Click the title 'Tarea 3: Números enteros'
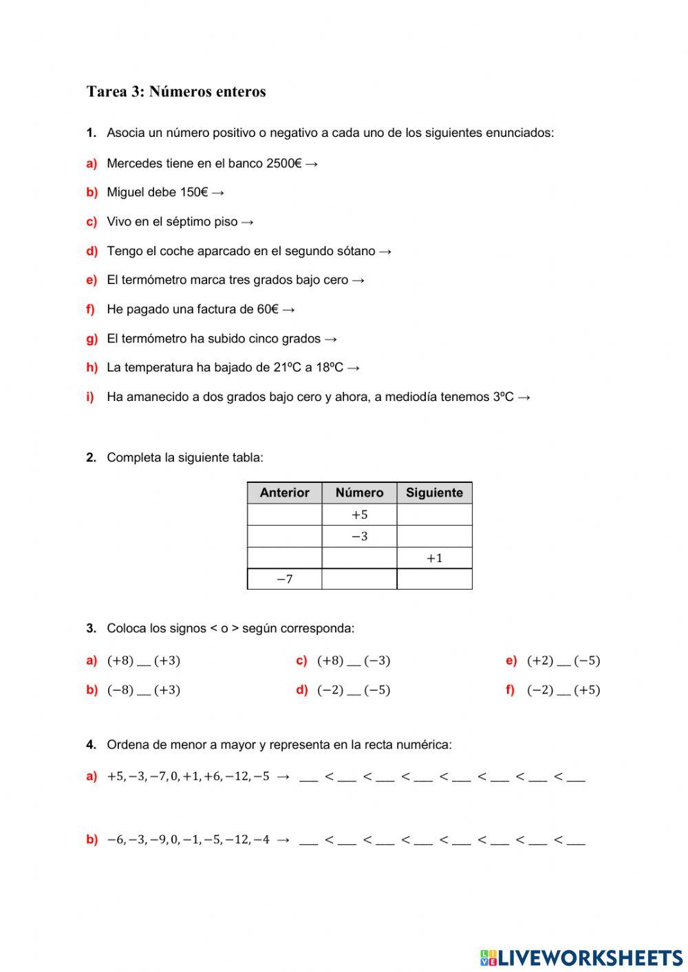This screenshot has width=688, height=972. point(176,91)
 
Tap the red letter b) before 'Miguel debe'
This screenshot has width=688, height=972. point(92,193)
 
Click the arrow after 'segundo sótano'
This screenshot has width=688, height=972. point(385,251)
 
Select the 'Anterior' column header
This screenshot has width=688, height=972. point(284,493)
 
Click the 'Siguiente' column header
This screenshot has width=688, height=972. point(434,493)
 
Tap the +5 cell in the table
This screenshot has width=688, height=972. point(359,515)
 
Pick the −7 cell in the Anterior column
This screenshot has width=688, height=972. point(284,579)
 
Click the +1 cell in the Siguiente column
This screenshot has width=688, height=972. point(434,558)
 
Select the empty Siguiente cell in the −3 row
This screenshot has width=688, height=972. point(434,537)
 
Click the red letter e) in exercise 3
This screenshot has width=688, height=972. point(511,661)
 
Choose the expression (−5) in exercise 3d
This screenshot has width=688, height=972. point(377,690)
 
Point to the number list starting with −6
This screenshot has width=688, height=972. point(187,839)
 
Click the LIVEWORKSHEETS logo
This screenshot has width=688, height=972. point(581,957)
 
